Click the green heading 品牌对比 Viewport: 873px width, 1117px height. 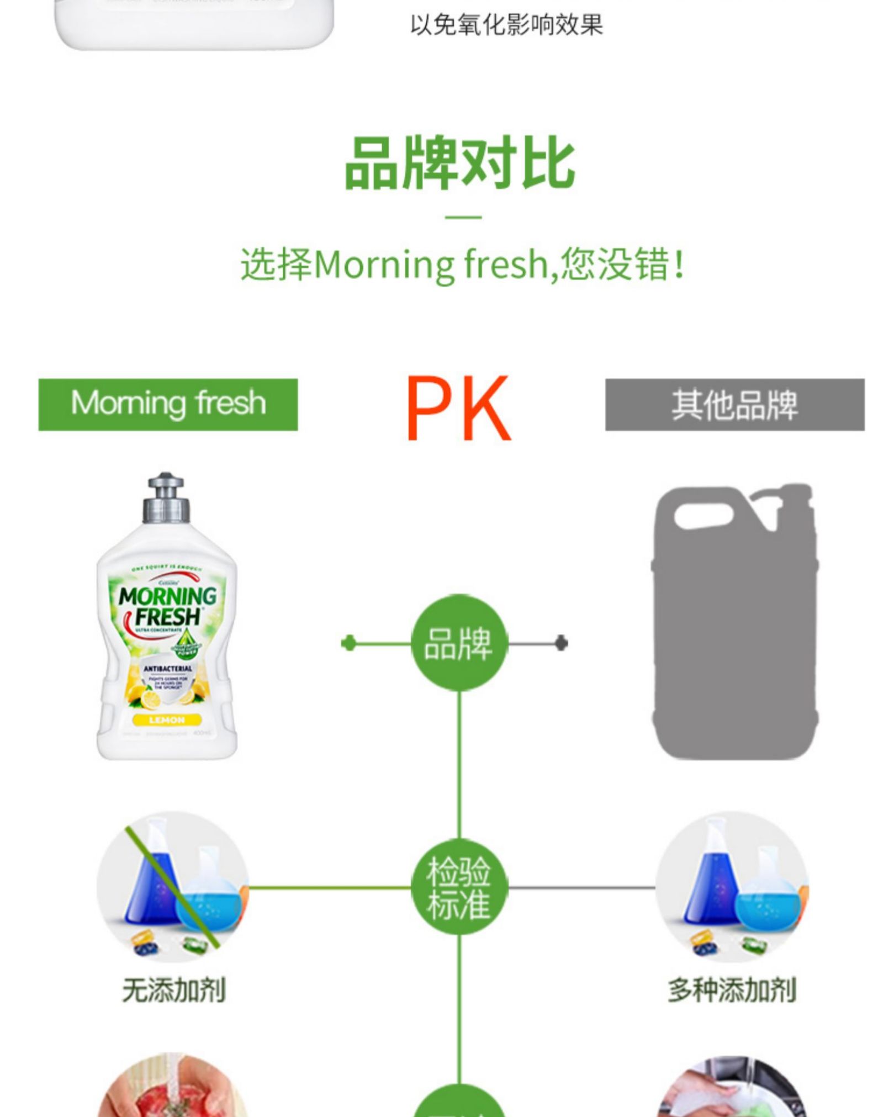tap(459, 164)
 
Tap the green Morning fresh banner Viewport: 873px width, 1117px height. tap(168, 404)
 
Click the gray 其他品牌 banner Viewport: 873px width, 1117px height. tap(734, 404)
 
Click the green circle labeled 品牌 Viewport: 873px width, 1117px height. tap(458, 643)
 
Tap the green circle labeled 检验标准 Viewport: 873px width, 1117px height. tap(458, 888)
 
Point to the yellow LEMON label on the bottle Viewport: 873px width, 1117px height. tap(167, 719)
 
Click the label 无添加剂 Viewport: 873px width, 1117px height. tap(174, 991)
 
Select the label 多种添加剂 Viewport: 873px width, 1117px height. tap(732, 991)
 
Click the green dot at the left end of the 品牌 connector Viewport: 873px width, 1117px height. tap(348, 643)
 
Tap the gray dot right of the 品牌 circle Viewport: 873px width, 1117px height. tap(561, 643)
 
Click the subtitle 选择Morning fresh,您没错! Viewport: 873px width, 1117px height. tap(463, 264)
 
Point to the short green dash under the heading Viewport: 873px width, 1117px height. tap(463, 217)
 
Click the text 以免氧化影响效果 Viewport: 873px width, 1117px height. tap(506, 25)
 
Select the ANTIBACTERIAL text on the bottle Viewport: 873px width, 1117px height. tap(167, 669)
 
